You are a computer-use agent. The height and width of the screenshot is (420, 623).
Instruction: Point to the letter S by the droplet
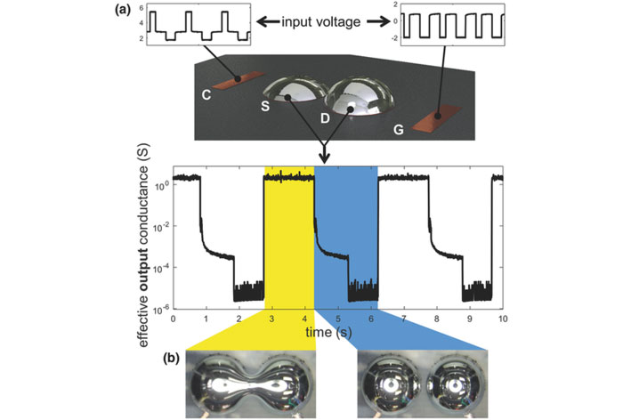(x=265, y=105)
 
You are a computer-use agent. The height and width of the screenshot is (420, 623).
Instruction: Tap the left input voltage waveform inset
(x=198, y=25)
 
